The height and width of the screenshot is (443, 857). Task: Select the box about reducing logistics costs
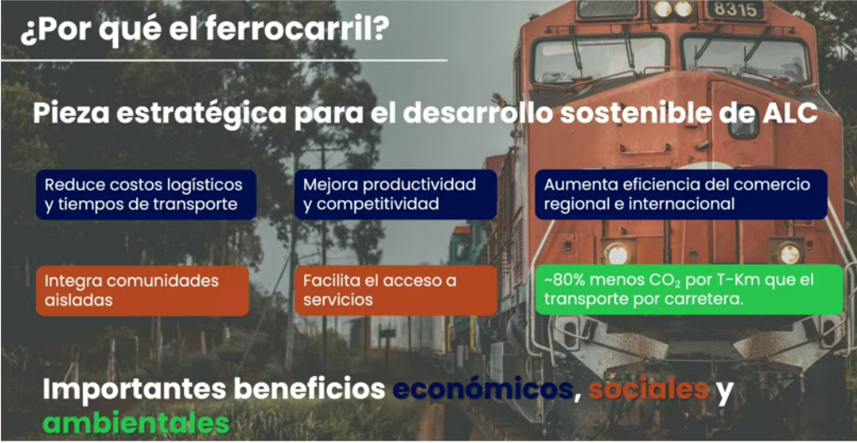coord(146,194)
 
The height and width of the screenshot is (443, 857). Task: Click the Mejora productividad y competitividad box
coord(395,194)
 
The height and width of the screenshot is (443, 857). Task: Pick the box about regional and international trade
coord(681,194)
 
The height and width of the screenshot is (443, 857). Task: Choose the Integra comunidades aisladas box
coord(143,291)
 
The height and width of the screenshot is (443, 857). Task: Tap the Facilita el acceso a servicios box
coord(395,291)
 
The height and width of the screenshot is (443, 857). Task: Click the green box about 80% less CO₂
coord(689,290)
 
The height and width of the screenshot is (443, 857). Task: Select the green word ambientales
coord(136,424)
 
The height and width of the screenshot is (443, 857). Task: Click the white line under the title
coord(224,59)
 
